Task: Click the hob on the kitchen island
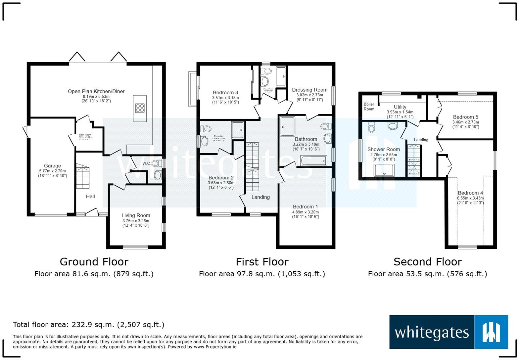click(140, 108)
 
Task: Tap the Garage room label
click(52, 166)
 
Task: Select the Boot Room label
click(85, 135)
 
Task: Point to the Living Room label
click(136, 215)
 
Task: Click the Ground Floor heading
click(94, 262)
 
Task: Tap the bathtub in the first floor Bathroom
click(313, 161)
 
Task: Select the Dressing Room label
click(309, 90)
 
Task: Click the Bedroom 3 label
click(225, 93)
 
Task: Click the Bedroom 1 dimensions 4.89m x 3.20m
click(306, 212)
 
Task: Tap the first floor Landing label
click(260, 197)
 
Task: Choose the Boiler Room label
click(369, 107)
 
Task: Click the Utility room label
click(400, 107)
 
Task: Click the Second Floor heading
click(427, 262)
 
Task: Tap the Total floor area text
click(88, 325)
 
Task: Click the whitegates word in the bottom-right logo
click(432, 332)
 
